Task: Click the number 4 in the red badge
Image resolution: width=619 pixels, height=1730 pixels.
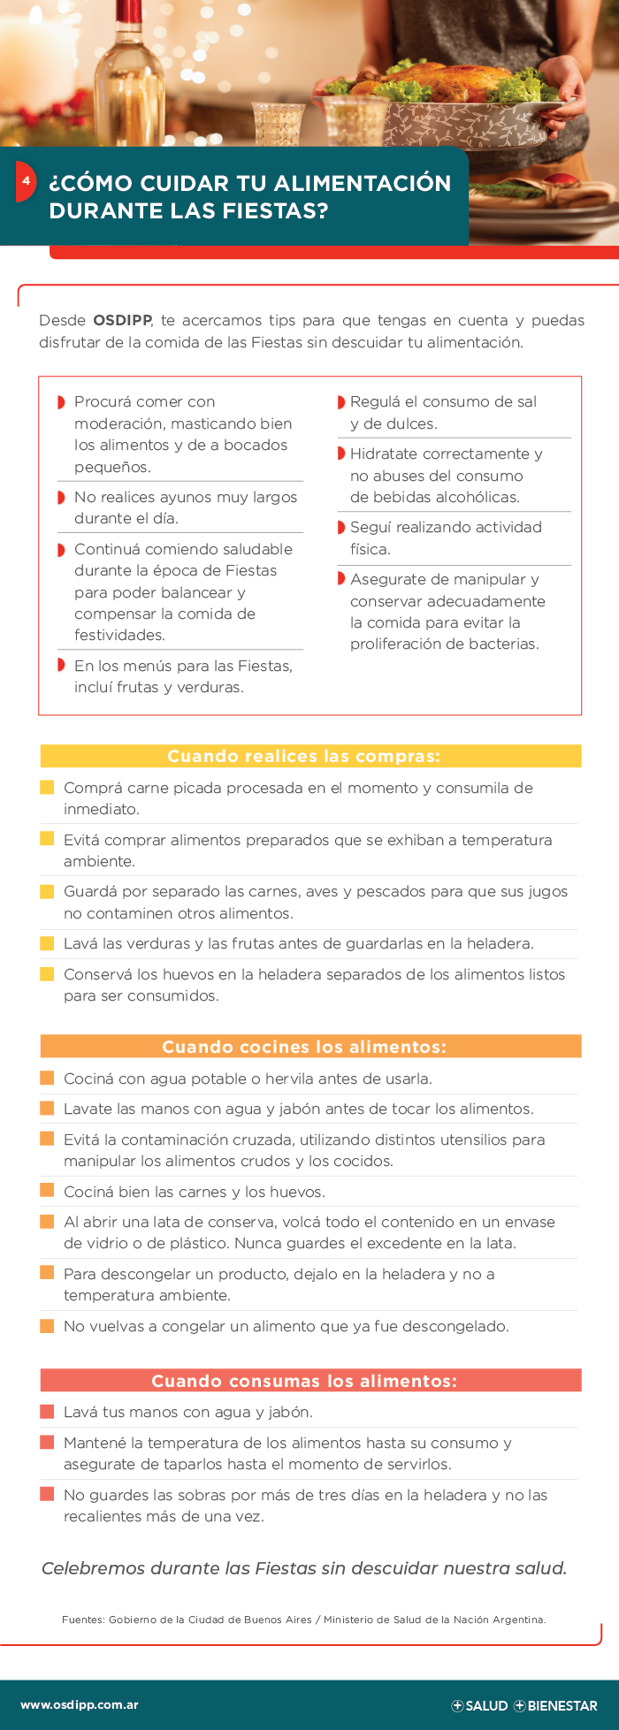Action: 27,181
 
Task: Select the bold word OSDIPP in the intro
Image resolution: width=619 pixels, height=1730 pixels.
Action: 122,321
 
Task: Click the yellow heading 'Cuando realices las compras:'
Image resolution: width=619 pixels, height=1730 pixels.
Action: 303,756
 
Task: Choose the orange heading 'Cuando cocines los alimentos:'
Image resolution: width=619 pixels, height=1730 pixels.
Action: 304,1047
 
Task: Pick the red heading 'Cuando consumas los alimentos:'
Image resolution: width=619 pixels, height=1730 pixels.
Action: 304,1381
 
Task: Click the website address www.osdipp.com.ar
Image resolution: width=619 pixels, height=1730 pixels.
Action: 80,1705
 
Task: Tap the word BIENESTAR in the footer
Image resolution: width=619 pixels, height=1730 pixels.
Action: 562,1706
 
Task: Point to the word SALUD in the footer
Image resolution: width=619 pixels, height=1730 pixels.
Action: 486,1706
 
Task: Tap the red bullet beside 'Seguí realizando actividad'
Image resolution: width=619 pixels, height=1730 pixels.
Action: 341,528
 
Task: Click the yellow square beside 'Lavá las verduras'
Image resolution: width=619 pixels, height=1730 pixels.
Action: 48,943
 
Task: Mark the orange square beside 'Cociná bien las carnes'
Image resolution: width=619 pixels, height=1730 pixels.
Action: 48,1192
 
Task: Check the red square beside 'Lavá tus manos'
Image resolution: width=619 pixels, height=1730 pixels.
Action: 48,1412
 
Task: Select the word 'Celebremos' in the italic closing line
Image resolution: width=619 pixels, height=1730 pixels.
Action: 94,1568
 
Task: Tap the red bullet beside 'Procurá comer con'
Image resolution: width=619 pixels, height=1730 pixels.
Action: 62,402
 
